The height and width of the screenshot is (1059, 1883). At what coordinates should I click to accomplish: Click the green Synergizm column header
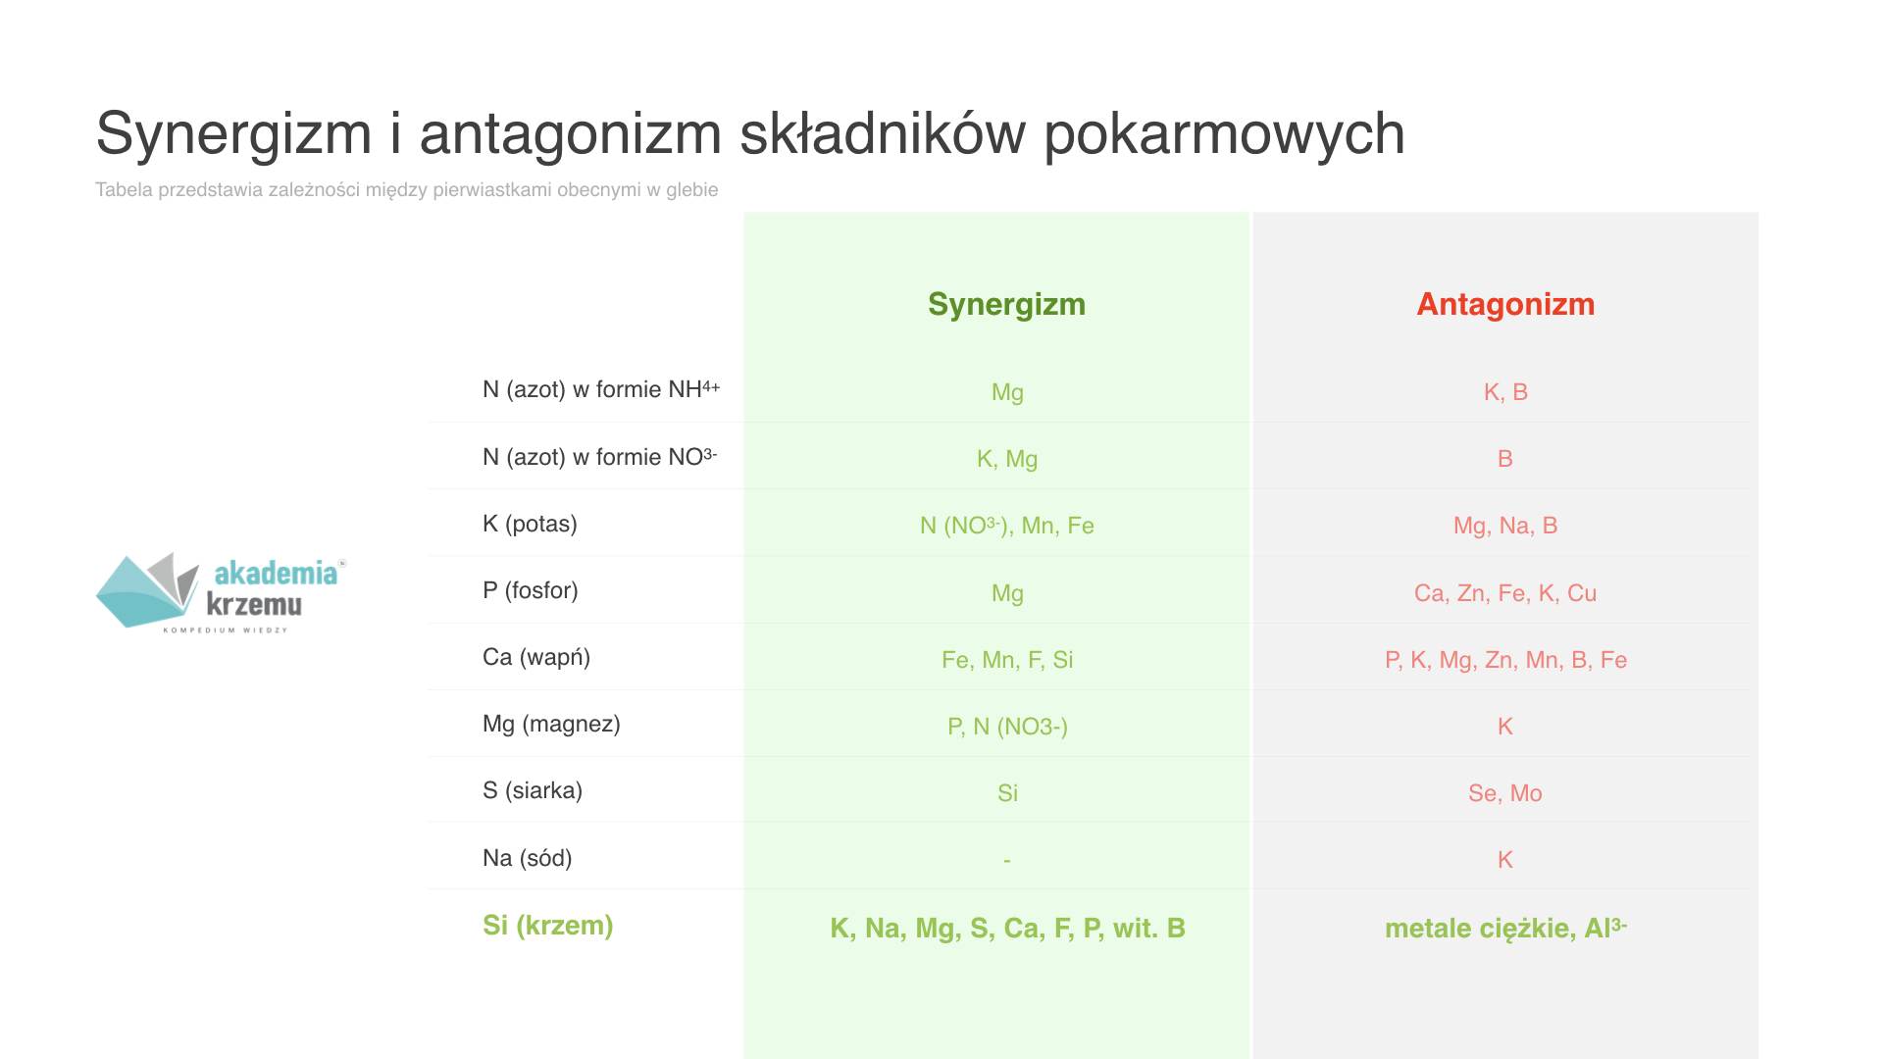[1006, 305]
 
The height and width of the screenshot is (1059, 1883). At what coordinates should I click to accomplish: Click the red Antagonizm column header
[1505, 304]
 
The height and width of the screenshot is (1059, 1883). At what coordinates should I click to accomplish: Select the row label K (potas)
[530, 524]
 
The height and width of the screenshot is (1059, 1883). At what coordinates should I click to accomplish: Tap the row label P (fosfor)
[531, 590]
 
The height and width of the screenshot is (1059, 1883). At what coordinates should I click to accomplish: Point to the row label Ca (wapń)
[536, 657]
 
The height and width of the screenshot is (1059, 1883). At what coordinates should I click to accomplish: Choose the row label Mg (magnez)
[551, 724]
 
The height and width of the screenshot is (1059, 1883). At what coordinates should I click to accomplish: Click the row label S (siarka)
[533, 790]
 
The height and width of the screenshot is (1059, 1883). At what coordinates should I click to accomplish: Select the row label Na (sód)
[528, 858]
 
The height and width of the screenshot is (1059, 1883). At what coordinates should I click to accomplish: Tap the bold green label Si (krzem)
[547, 926]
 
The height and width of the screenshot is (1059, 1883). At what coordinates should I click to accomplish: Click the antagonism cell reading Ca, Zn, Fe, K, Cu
[1505, 593]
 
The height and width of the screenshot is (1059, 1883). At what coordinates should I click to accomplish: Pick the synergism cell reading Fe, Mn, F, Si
[1007, 660]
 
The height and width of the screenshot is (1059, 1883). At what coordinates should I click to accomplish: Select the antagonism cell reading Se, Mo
[1505, 793]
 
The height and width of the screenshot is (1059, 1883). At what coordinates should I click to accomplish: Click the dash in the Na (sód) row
[1007, 861]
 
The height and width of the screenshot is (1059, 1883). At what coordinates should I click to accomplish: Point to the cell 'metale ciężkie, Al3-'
[1505, 928]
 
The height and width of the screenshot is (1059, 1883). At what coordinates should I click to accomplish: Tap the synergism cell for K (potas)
[1007, 526]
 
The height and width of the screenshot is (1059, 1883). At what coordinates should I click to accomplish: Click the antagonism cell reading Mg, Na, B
[1505, 526]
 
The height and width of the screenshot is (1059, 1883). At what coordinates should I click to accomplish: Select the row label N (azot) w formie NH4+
[601, 389]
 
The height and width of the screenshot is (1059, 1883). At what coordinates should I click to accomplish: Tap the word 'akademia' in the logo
[276, 573]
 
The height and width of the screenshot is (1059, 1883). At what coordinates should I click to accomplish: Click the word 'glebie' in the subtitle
[692, 190]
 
